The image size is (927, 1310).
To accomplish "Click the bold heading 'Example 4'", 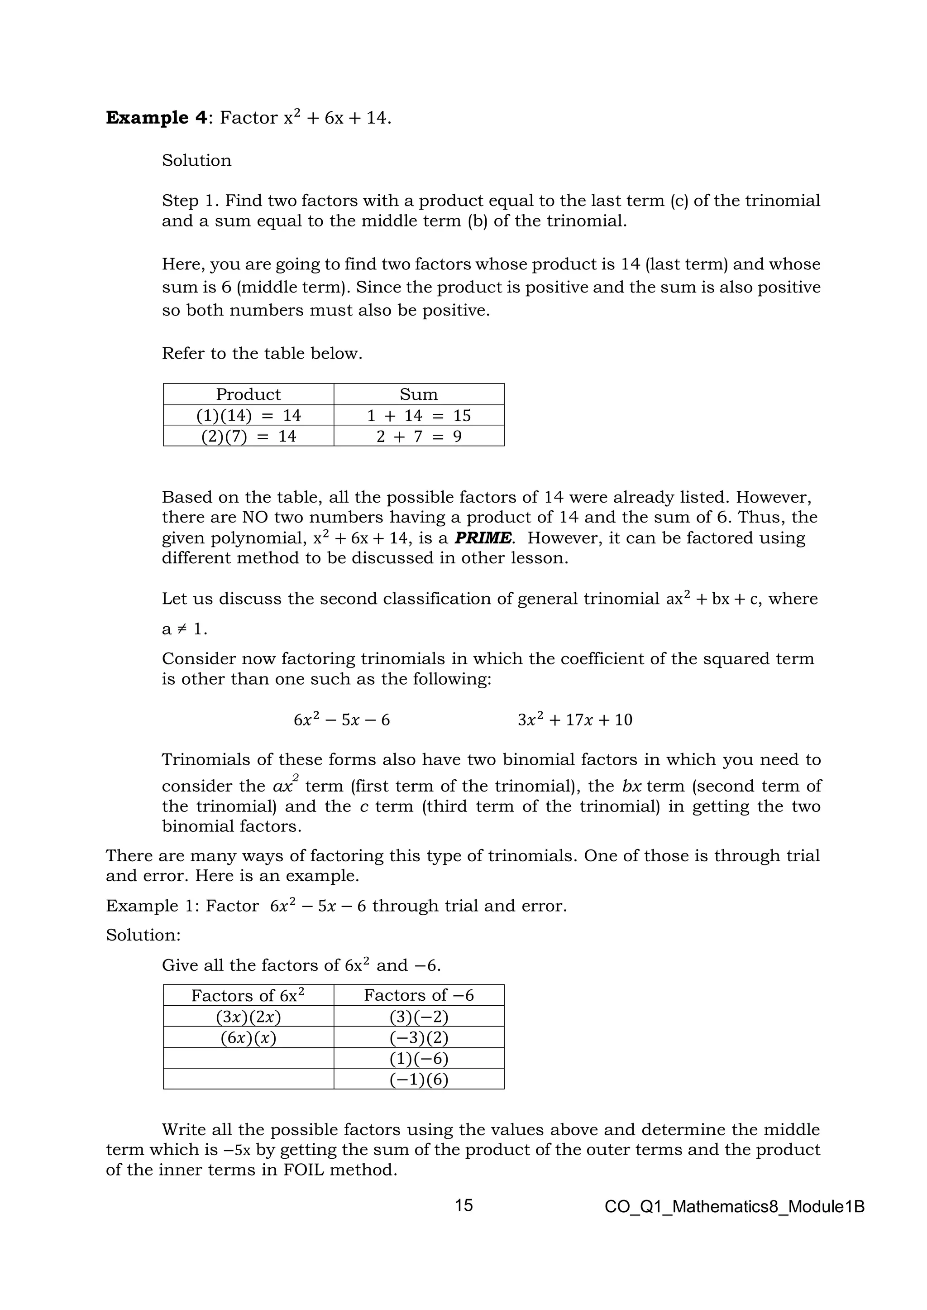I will coord(155,118).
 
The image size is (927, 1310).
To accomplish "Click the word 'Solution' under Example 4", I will coord(196,160).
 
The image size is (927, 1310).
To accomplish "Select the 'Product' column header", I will coord(248,394).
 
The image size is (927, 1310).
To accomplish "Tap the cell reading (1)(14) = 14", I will coord(248,415).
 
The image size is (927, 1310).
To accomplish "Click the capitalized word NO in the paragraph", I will coord(254,518).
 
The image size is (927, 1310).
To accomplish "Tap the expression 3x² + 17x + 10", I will coord(575,720).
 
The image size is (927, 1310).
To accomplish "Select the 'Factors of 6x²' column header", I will coord(248,995).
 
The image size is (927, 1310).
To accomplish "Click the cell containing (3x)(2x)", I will coord(248,1017).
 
